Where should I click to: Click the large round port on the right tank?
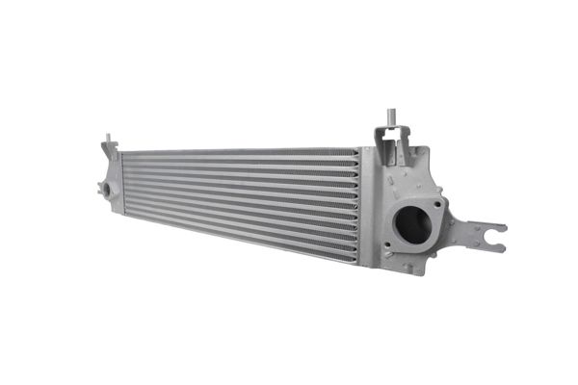coord(413,225)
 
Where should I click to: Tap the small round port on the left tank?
coord(107,190)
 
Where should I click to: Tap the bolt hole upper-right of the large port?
coord(439,203)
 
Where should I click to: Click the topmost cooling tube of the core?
coord(241,153)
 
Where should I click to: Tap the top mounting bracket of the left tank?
coord(111,152)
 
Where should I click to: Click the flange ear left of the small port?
coord(99,190)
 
